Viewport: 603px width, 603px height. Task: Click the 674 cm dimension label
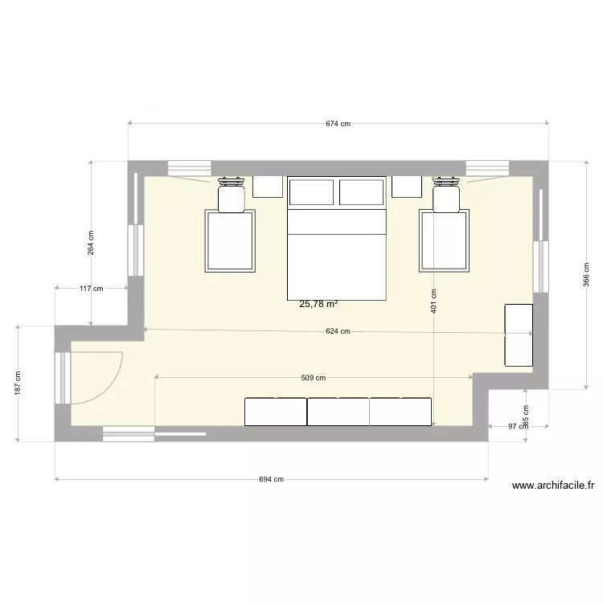click(338, 124)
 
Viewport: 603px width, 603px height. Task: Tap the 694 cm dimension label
click(272, 480)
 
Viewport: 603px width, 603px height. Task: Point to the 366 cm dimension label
click(586, 275)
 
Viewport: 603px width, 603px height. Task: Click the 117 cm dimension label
click(91, 289)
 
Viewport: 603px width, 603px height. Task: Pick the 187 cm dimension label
click(18, 383)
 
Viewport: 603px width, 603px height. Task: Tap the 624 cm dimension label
click(338, 331)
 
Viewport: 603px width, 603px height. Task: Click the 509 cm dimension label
click(313, 378)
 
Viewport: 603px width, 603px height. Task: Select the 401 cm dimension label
click(433, 301)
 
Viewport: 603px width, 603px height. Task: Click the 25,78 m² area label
click(318, 304)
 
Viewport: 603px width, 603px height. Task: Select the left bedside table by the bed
click(268, 187)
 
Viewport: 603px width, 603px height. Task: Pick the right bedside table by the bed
click(408, 187)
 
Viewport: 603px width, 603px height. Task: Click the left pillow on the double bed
click(311, 192)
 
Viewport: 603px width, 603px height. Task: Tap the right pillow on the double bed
click(361, 192)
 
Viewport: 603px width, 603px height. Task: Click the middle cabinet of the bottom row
click(338, 411)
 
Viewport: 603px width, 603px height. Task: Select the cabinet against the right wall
click(519, 334)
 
